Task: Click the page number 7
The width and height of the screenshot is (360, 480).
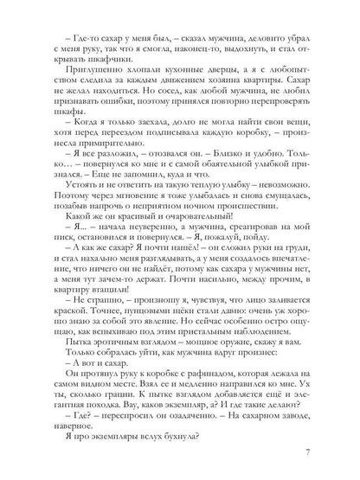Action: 322,456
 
